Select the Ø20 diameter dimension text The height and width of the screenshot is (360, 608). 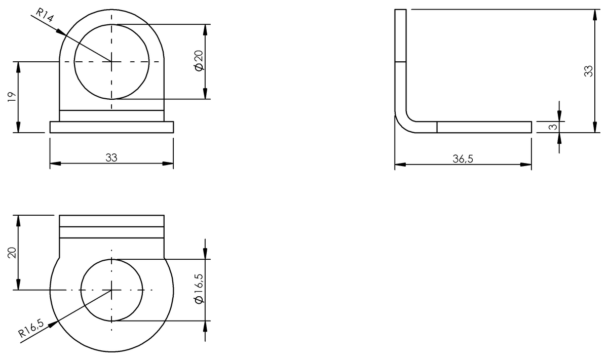[x=198, y=61]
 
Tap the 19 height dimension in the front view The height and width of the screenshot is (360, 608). [x=11, y=97]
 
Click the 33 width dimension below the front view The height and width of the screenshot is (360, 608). [x=111, y=157]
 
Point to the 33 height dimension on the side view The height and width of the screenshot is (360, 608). [x=588, y=71]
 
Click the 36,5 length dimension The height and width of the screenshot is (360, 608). [x=463, y=158]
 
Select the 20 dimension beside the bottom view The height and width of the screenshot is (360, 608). [x=11, y=252]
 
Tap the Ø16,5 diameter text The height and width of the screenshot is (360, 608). [x=198, y=289]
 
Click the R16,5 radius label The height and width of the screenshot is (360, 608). [x=31, y=328]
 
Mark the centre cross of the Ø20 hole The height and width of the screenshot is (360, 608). [x=112, y=61]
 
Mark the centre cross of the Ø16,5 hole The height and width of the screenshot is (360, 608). [x=112, y=290]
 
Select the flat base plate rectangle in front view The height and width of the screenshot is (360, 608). [x=111, y=127]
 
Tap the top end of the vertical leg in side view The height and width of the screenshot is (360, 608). [x=400, y=10]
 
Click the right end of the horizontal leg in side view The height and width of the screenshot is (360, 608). [x=530, y=127]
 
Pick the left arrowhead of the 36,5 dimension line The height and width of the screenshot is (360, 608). [x=399, y=165]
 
